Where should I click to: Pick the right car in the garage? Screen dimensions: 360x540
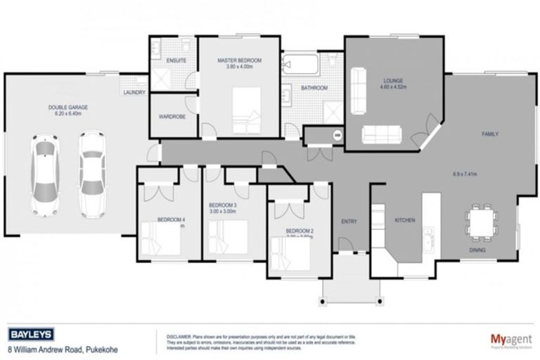coord(91,172)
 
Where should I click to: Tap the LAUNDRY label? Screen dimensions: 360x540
coord(134,93)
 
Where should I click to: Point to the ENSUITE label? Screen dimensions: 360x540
coord(176,61)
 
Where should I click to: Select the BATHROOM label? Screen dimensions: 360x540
coord(314,88)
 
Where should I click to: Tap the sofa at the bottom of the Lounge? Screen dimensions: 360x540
coord(380,134)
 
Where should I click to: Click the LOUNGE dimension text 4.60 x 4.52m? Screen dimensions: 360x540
coord(392,87)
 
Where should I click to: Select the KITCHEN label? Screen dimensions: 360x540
coord(404,221)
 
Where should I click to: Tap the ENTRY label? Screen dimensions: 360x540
coord(349,221)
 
